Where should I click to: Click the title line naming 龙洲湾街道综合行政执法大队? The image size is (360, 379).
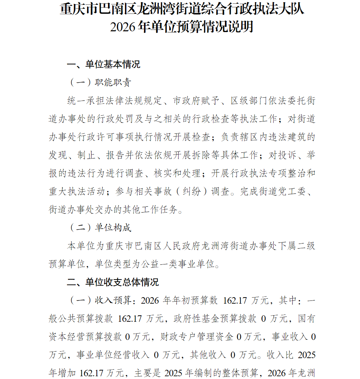tap(182, 9)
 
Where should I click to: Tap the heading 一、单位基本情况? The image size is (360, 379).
tap(104, 64)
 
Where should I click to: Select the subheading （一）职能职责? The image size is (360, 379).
tap(100, 83)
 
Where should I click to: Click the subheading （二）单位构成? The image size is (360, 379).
tap(100, 228)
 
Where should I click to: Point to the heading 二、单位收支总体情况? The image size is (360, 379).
tap(113, 282)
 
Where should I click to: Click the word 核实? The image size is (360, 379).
tap(166, 173)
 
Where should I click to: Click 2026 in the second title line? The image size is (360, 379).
tap(122, 27)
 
